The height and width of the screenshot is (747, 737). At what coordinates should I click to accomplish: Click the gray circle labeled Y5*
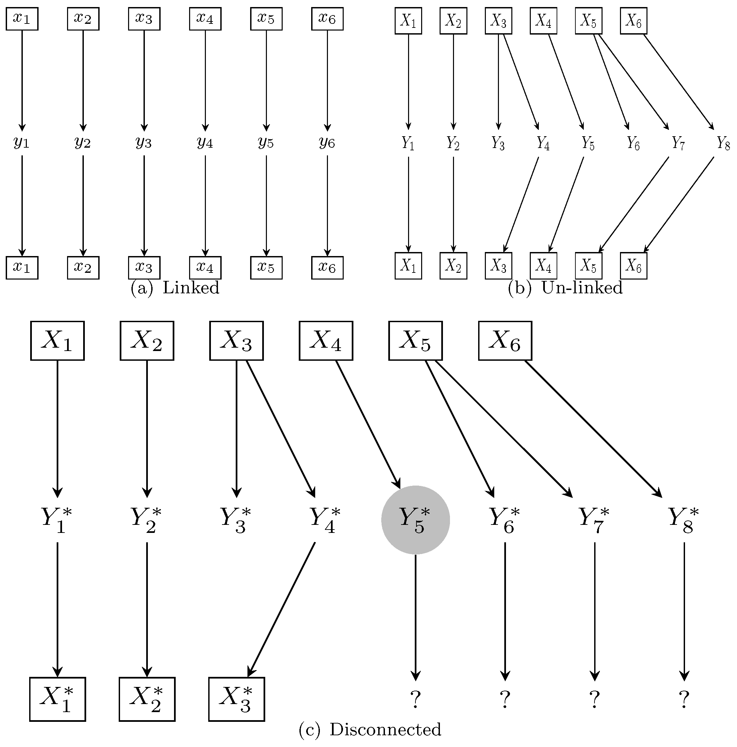click(x=415, y=520)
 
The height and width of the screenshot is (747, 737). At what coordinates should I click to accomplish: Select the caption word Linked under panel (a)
click(x=191, y=288)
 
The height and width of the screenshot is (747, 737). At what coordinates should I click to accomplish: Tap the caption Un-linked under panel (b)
click(x=582, y=288)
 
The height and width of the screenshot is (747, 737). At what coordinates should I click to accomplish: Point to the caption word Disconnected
click(x=385, y=730)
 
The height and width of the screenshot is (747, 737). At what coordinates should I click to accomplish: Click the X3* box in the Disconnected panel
click(x=236, y=699)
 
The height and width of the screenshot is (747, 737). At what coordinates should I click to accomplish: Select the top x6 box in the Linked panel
click(x=327, y=19)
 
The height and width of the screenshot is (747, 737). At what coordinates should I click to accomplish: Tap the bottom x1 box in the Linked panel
click(x=22, y=267)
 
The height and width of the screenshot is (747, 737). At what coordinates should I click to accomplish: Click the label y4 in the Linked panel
click(x=205, y=143)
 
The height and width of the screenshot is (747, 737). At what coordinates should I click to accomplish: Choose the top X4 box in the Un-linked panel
click(x=543, y=21)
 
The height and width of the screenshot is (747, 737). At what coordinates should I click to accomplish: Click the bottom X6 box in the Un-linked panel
click(x=633, y=266)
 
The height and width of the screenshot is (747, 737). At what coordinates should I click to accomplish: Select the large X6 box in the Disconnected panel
click(x=505, y=341)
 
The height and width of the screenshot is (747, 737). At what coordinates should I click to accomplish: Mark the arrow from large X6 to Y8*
click(x=592, y=429)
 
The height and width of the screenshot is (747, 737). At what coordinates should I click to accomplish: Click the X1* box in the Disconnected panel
click(x=58, y=699)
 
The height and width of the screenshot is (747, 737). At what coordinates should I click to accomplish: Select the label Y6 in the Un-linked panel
click(x=633, y=143)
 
